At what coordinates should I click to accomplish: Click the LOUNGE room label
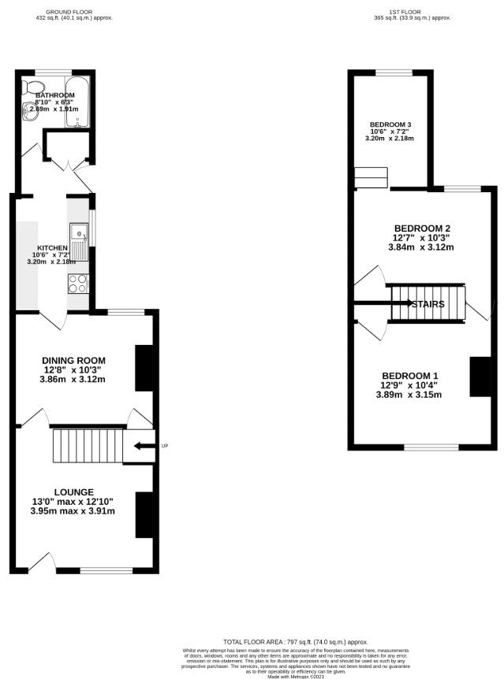[74, 491]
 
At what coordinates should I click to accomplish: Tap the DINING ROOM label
[73, 359]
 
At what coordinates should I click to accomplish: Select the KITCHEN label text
[50, 247]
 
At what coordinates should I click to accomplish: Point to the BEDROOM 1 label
[411, 375]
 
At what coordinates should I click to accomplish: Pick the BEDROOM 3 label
[390, 125]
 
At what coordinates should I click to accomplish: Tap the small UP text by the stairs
[164, 446]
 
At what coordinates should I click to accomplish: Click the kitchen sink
[80, 233]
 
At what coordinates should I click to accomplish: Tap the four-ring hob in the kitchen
[79, 282]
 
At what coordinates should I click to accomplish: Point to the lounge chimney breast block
[144, 514]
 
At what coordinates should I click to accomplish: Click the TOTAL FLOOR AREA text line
[285, 643]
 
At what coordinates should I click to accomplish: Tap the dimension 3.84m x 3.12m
[422, 247]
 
